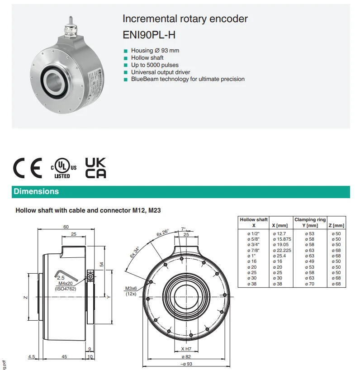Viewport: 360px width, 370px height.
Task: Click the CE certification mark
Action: [28, 168]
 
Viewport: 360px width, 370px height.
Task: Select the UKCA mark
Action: [95, 168]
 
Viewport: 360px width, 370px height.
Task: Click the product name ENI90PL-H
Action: [149, 35]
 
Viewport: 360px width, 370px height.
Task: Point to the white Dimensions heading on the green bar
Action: [36, 191]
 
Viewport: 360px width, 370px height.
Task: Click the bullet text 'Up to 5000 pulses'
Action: [155, 65]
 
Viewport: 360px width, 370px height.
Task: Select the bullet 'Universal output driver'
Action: [161, 72]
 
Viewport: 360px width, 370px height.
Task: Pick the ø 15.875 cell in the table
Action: [282, 239]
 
